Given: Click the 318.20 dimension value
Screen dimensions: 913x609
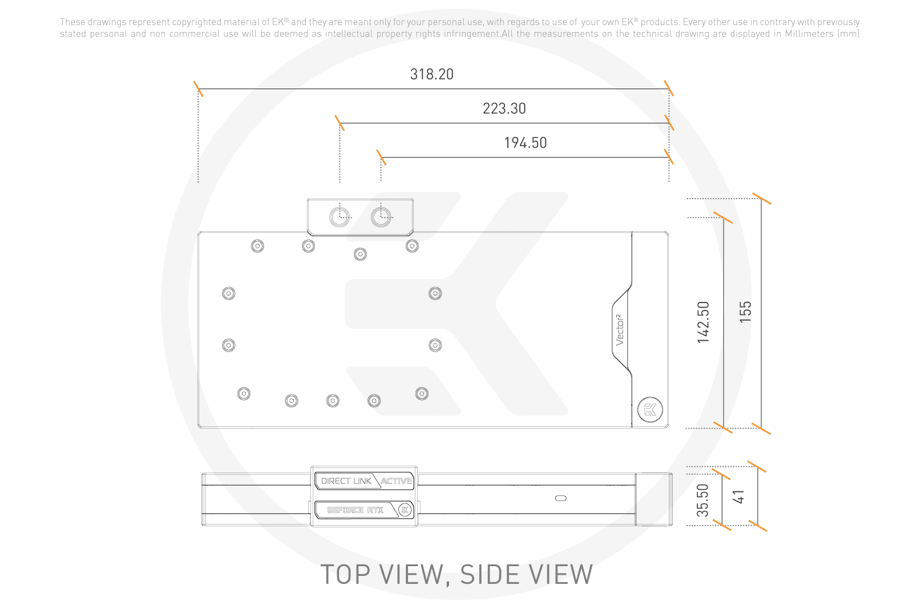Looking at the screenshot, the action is (x=431, y=74).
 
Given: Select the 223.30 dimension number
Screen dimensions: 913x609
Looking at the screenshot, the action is (x=504, y=108).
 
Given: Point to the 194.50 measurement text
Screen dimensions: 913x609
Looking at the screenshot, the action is (x=526, y=143).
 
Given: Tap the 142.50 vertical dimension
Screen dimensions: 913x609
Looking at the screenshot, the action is (x=703, y=322).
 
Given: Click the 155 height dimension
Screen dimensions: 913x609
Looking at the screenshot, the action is (x=745, y=312).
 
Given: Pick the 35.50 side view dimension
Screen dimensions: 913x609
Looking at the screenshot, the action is (x=702, y=500).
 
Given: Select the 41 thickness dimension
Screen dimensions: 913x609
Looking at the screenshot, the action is (x=738, y=497).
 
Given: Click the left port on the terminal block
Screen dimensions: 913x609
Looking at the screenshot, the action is (x=340, y=217).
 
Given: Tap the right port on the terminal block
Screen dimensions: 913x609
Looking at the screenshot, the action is (x=381, y=217).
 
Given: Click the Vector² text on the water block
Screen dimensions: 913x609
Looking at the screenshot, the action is (x=620, y=330).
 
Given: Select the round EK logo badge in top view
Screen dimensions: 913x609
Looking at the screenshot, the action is (x=650, y=409).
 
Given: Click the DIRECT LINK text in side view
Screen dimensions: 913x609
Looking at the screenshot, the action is (x=346, y=481).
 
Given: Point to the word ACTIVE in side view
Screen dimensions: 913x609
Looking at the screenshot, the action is (x=396, y=481).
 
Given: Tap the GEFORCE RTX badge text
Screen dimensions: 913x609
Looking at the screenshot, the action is (x=355, y=510).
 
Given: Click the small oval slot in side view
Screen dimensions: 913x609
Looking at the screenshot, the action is (x=561, y=498).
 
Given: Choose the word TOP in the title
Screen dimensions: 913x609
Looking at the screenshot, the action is (x=346, y=574).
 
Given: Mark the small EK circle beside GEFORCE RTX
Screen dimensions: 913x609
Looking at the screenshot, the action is (x=405, y=510).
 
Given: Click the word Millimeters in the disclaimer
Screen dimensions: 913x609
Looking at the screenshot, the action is (x=809, y=34).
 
